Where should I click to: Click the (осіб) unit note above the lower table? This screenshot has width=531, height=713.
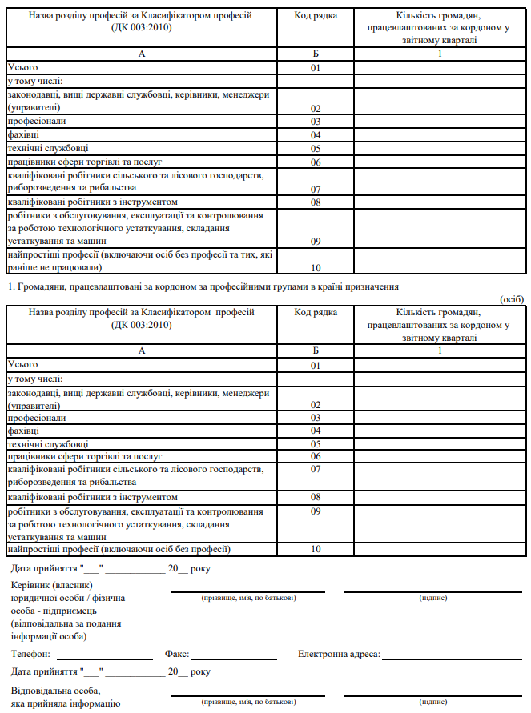[x=511, y=299]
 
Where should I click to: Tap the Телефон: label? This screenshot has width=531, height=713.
[x=30, y=654]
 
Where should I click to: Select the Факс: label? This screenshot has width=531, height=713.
[x=176, y=654]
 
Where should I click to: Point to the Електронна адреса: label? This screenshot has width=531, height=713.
[x=339, y=654]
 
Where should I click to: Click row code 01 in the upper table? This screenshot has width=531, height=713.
[x=316, y=68]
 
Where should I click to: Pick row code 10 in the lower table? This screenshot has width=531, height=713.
[x=316, y=550]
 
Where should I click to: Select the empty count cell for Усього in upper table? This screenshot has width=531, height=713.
[x=440, y=68]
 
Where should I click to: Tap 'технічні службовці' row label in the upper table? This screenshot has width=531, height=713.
[x=48, y=148]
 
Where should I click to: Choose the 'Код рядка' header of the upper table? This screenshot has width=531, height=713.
[x=316, y=16]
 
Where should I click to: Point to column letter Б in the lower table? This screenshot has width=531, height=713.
[x=316, y=350]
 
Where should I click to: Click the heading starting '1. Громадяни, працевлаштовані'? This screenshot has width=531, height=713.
[x=202, y=286]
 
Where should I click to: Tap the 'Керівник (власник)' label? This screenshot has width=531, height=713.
[x=46, y=585]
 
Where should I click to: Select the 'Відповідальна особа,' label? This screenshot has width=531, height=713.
[x=56, y=690]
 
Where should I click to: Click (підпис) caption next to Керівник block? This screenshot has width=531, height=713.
[x=433, y=598]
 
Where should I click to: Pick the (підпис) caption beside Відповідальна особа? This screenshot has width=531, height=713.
[x=433, y=702]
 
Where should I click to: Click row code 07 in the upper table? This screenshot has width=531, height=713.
[x=316, y=189]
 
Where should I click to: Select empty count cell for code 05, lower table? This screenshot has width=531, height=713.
[x=440, y=443]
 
